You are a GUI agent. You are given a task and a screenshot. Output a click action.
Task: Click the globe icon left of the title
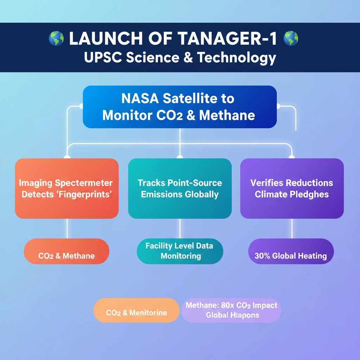point(56,38)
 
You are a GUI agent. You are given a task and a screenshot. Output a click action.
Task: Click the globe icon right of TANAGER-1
point(291,38)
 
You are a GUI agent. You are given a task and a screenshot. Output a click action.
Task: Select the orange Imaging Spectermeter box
point(67,188)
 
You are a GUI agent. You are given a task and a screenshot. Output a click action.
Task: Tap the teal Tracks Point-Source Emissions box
point(180,188)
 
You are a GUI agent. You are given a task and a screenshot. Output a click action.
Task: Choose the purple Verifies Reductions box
point(292,188)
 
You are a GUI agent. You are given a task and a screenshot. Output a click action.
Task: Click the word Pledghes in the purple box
point(311,194)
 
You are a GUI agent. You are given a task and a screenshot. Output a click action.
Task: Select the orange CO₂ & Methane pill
point(66,256)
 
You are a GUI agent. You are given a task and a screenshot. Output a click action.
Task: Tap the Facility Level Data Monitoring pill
point(180,251)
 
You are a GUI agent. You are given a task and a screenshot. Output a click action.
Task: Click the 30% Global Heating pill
point(291,256)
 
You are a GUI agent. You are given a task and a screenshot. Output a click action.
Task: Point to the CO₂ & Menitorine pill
point(136,313)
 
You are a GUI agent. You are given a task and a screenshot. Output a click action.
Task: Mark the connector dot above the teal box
point(180,157)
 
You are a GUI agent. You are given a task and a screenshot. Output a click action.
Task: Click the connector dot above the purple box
point(291,157)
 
